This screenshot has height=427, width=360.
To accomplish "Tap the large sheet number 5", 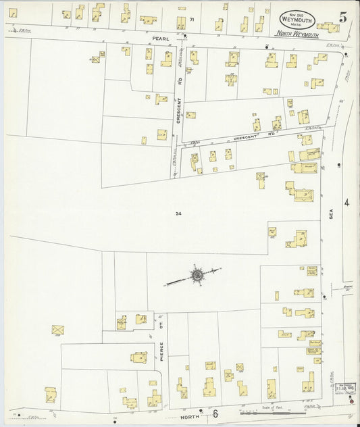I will [x=343, y=18].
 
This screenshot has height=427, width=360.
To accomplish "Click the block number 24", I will [x=178, y=214].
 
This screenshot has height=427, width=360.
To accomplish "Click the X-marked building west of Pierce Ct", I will [x=58, y=330].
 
